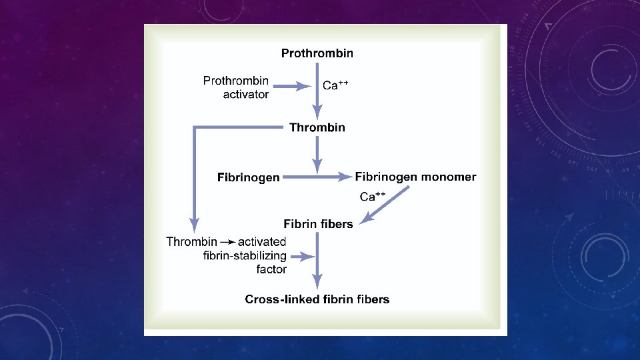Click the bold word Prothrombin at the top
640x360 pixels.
coord(317,53)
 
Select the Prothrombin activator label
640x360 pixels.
coord(236,87)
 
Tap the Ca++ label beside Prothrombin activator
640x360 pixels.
coord(335,85)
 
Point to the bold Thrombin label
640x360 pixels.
coord(317,127)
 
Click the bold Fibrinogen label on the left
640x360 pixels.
coord(249,178)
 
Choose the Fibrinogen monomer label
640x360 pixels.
coord(415,177)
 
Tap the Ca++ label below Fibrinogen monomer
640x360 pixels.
coord(373,196)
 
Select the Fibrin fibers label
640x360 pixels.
coord(318,224)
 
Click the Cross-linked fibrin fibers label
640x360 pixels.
coord(317,299)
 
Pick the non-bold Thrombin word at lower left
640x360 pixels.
coord(191,242)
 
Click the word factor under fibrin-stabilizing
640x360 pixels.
coord(271,269)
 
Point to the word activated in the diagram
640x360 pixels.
coord(262,242)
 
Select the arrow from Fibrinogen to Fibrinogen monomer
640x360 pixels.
coord(317,177)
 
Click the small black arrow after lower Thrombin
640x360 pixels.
coord(227,242)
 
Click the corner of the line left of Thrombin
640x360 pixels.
coord(194,127)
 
